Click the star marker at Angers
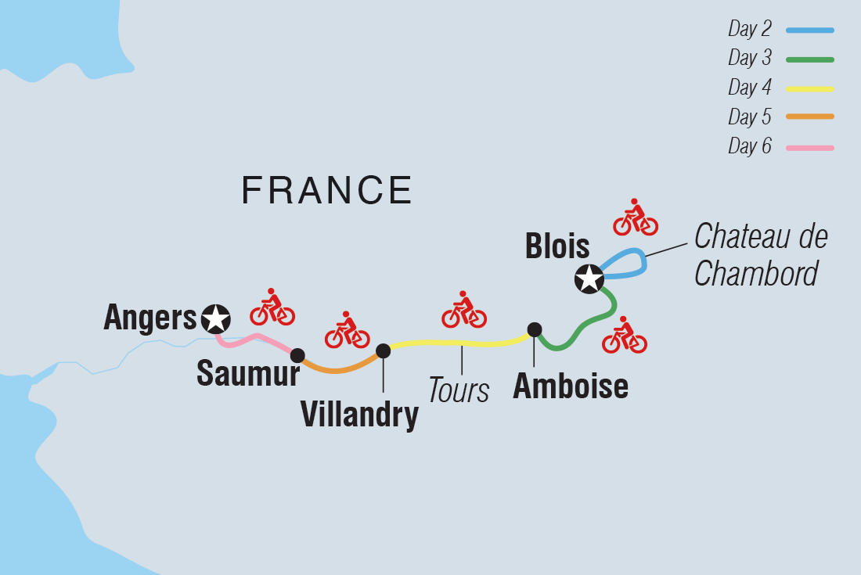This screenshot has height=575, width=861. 216,318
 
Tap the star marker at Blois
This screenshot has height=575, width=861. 589,279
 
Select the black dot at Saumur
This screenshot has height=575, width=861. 297,355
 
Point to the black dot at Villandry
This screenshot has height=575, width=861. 383,350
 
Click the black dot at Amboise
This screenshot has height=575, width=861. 534,329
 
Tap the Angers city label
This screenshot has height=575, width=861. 150,318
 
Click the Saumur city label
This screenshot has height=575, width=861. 247,374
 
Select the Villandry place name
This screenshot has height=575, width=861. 359,415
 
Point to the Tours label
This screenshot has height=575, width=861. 459,390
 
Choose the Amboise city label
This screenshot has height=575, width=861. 571,386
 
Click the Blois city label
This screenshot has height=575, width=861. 558,246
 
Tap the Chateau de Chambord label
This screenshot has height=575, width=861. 760,255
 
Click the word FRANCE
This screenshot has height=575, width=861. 327,190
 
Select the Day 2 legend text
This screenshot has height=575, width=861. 749,30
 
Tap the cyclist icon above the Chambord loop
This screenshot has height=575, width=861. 635,217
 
